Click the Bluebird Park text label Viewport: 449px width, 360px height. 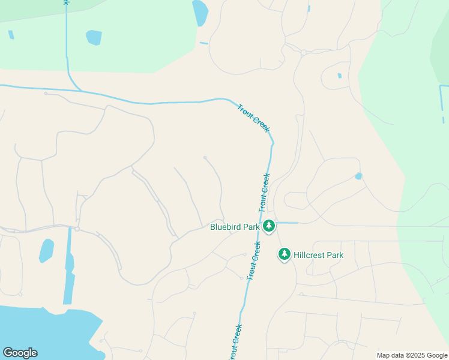(x=235, y=227)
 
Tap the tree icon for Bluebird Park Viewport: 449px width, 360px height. (x=270, y=226)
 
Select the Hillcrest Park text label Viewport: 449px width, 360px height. (x=319, y=255)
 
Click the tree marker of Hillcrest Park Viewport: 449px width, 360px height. (x=284, y=254)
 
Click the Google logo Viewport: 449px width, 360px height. (x=20, y=353)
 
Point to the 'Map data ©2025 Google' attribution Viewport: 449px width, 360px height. (x=411, y=355)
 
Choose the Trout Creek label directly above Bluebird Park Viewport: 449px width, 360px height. (x=264, y=192)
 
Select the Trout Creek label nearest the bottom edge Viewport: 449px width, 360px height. (x=235, y=342)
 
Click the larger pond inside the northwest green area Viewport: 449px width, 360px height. (x=94, y=37)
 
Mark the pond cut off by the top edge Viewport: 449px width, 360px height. (x=200, y=12)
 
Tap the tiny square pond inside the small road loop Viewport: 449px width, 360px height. (x=339, y=76)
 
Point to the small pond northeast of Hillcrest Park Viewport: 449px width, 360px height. (x=358, y=176)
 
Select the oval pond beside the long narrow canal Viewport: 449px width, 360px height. (x=46, y=250)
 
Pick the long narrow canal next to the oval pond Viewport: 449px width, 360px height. (x=68, y=270)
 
